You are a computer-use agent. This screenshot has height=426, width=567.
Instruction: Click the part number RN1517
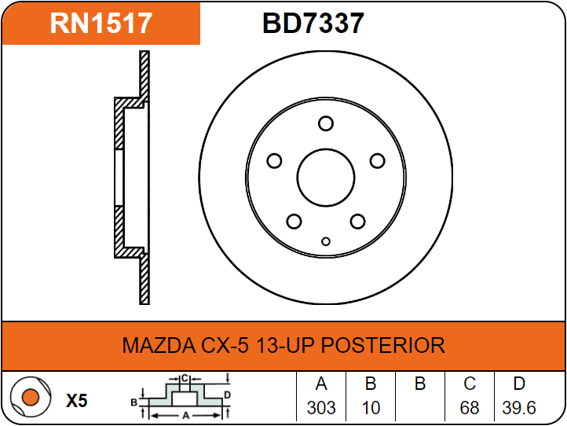pyautogui.click(x=101, y=23)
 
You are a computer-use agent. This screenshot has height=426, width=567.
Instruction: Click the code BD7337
pyautogui.click(x=313, y=23)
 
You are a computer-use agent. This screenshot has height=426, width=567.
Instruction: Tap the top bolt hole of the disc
pyautogui.click(x=326, y=123)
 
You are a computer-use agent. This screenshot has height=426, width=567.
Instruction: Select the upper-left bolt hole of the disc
pyautogui.click(x=274, y=160)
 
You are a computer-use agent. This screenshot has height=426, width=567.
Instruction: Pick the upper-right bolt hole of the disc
pyautogui.click(x=378, y=160)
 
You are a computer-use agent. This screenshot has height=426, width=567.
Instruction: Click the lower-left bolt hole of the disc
pyautogui.click(x=294, y=221)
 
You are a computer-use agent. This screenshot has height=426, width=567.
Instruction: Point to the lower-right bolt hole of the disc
pyautogui.click(x=357, y=221)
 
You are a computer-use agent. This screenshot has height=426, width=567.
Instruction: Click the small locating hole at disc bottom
pyautogui.click(x=326, y=241)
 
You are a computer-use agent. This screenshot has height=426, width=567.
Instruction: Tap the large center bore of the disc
pyautogui.click(x=326, y=178)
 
